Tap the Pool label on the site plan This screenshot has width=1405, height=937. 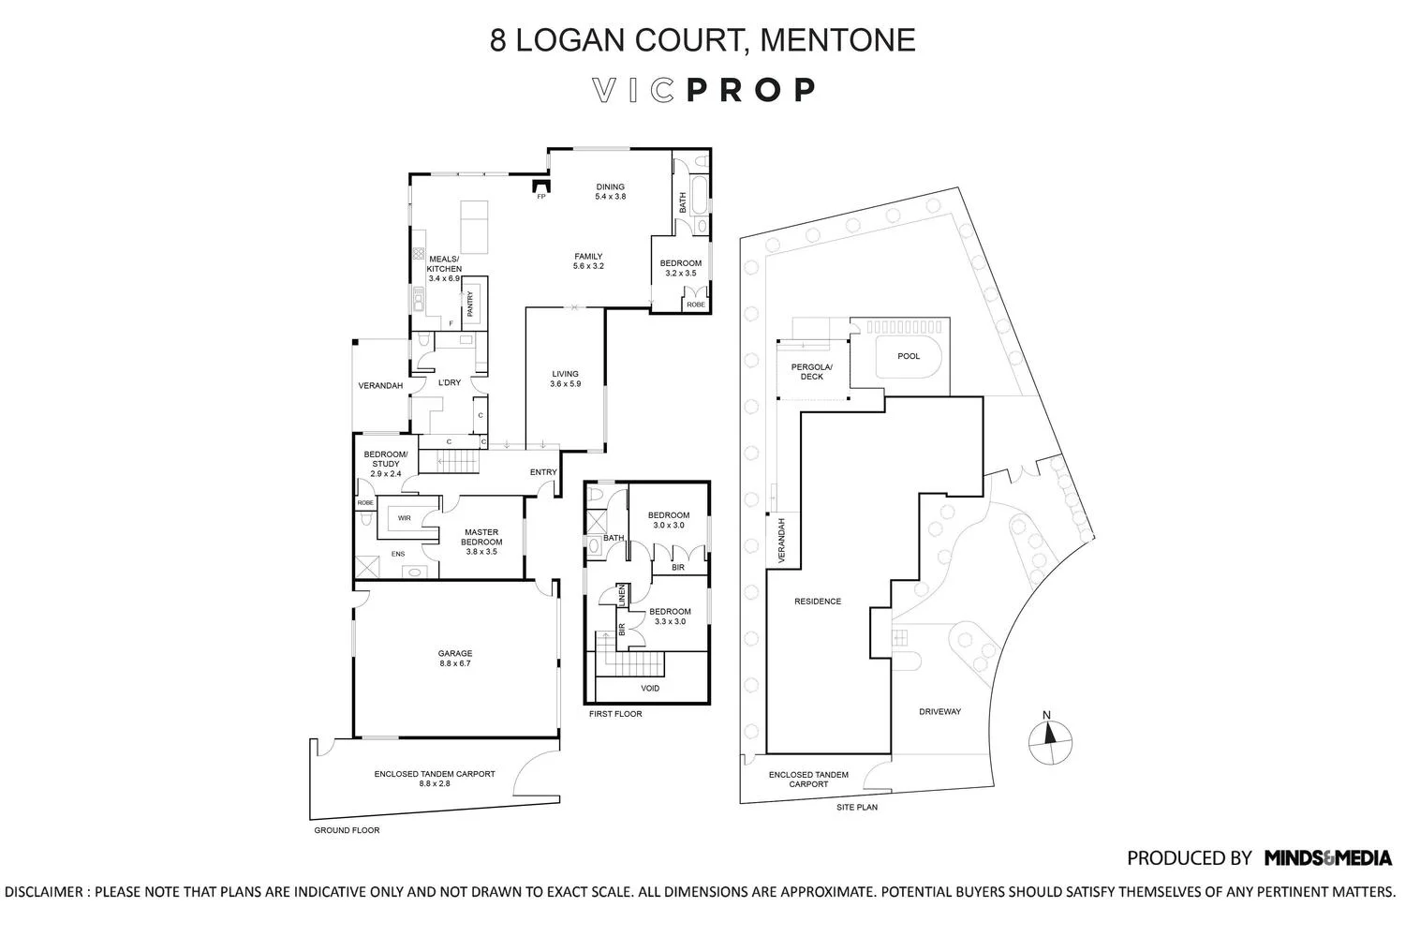[x=908, y=356]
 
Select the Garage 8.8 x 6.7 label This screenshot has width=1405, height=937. [x=455, y=659]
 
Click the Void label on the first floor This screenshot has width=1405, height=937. [x=650, y=689]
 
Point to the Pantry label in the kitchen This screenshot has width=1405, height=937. [x=470, y=302]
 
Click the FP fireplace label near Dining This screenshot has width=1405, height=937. [x=540, y=197]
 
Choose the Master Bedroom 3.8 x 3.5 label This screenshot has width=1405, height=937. [x=481, y=542]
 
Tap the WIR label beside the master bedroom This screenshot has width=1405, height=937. [x=405, y=517]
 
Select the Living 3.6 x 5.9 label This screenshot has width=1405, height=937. [x=565, y=379]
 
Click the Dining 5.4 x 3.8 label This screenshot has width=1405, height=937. [x=610, y=192]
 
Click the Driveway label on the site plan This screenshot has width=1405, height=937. [x=939, y=711]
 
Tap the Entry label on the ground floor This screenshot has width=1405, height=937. [x=543, y=472]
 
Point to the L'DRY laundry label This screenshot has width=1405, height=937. [x=450, y=382]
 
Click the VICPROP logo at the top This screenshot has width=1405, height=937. [x=703, y=90]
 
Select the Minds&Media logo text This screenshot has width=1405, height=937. [x=1327, y=857]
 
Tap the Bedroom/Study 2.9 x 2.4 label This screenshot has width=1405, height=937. [x=386, y=464]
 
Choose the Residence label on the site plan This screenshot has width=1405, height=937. [x=818, y=602]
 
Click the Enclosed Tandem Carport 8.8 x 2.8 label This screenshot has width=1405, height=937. [x=435, y=779]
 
